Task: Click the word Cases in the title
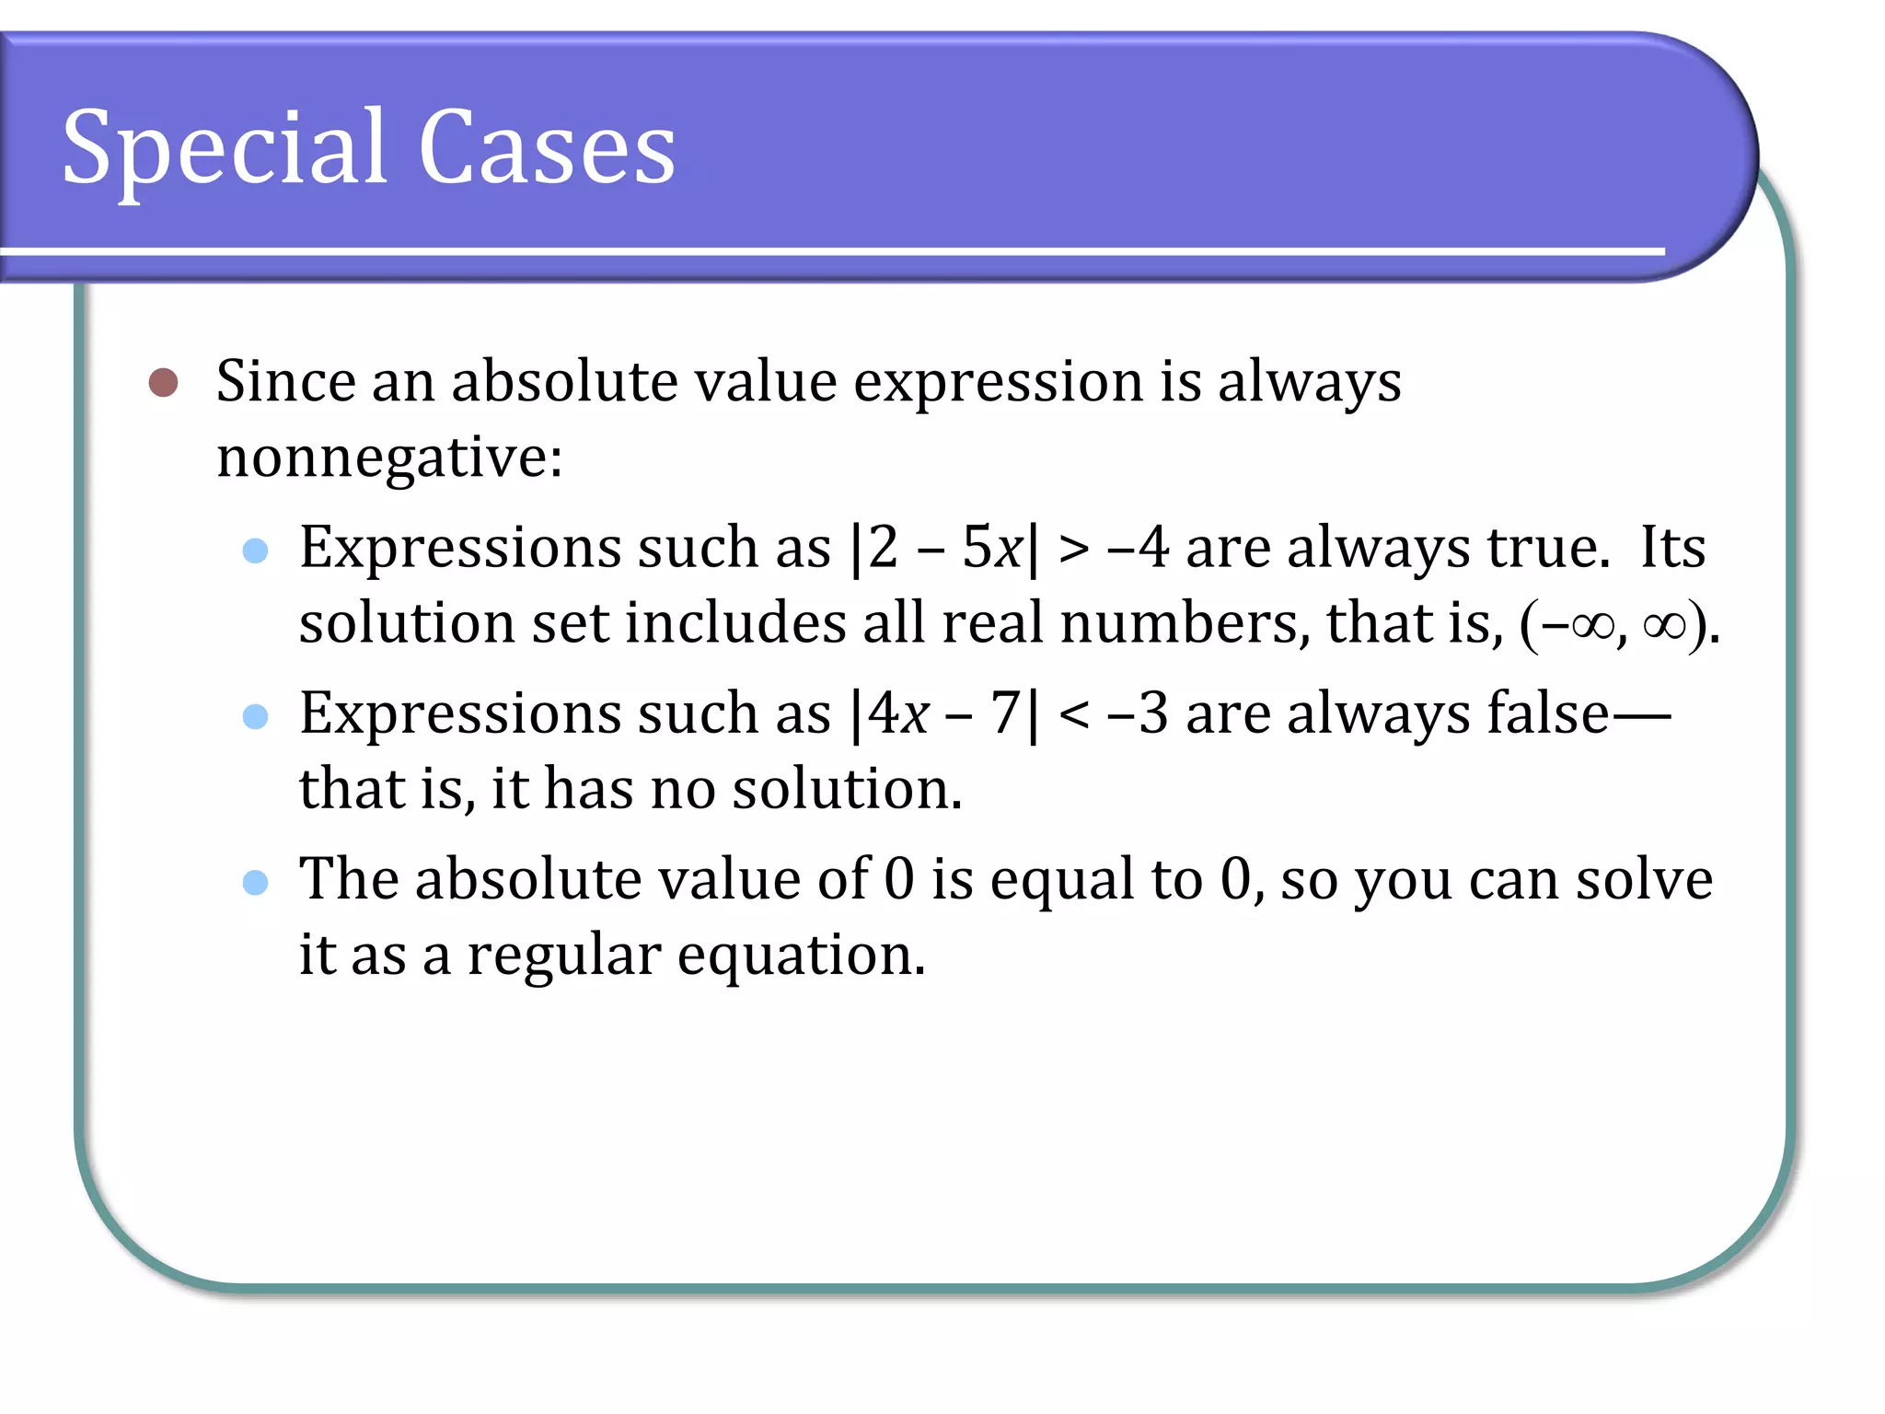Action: pos(547,147)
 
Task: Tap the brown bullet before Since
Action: pos(163,382)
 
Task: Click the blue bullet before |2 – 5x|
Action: pos(255,551)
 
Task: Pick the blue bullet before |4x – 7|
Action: pos(255,716)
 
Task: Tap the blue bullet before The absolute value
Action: pos(255,883)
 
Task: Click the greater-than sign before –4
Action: pos(1073,550)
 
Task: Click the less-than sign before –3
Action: pos(1073,715)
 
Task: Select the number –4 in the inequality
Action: pos(1139,548)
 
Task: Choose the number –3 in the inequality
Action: pos(1139,713)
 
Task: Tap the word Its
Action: pos(1672,548)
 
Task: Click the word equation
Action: pos(801,956)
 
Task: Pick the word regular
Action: pos(563,956)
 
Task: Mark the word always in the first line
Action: pos(1309,382)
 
